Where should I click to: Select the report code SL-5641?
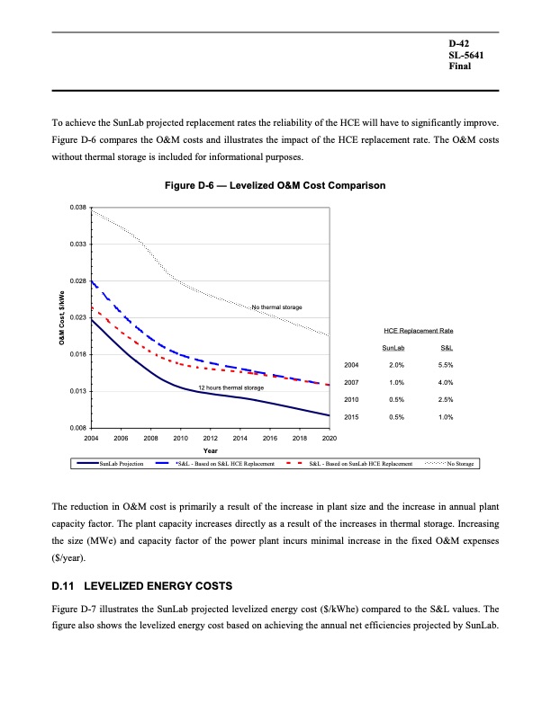pyautogui.click(x=465, y=55)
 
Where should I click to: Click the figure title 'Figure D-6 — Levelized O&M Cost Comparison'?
pyautogui.click(x=275, y=186)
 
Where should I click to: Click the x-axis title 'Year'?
pyautogui.click(x=210, y=449)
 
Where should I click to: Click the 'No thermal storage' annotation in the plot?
pyautogui.click(x=276, y=308)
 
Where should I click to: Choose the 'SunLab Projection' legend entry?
pyautogui.click(x=121, y=464)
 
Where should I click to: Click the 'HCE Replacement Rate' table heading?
pyautogui.click(x=418, y=331)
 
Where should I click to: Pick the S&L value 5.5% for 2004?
pyautogui.click(x=445, y=365)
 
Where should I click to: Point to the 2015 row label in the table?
pyautogui.click(x=351, y=417)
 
